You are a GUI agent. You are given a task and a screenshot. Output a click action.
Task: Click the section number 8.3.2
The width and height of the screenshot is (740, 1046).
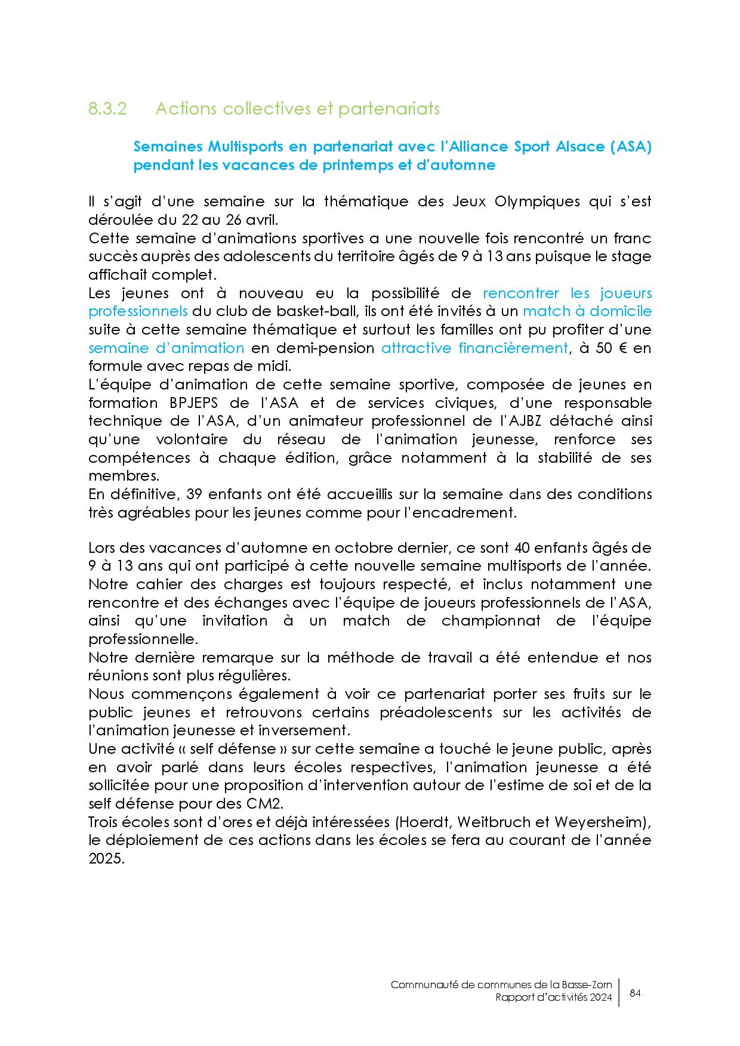coord(107,109)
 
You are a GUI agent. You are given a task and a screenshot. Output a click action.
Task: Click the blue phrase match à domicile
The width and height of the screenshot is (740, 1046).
coord(587,311)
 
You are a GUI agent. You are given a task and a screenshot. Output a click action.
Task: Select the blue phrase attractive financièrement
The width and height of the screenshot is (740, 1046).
coord(474,348)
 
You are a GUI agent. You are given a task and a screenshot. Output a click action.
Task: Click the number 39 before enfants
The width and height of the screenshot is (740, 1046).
coord(195,494)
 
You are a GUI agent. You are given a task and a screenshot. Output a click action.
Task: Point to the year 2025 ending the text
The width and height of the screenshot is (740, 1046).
coord(106,859)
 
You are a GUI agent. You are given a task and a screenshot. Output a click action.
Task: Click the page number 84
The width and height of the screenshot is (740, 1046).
coord(635,994)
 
